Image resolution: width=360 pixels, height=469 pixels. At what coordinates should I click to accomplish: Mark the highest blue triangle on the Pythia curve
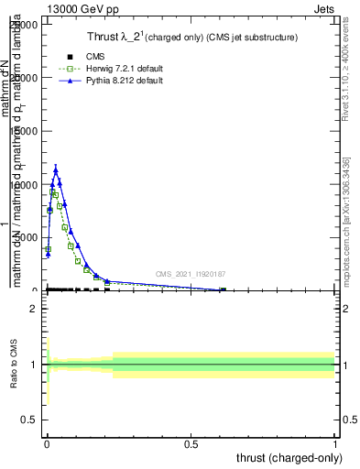pyautogui.click(x=56, y=169)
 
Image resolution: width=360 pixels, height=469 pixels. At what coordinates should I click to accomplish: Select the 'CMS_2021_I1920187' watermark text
pyautogui.click(x=191, y=274)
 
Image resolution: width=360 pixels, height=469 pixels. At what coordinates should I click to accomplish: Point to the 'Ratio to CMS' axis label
pyautogui.click(x=15, y=365)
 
